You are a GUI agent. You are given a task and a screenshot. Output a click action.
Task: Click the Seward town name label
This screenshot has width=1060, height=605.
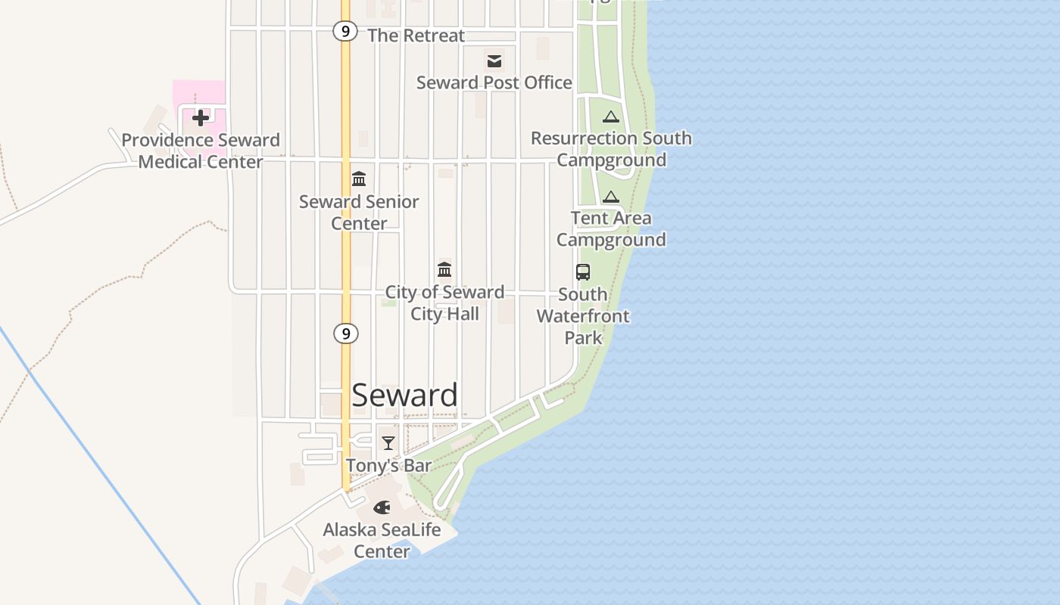tap(404, 396)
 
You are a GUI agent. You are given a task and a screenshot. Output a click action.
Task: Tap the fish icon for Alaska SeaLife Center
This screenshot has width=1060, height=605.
tap(382, 507)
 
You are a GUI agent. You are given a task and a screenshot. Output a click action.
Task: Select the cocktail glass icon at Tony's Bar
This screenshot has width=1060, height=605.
tap(388, 442)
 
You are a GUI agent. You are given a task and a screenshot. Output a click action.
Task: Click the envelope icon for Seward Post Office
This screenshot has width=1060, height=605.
tap(494, 61)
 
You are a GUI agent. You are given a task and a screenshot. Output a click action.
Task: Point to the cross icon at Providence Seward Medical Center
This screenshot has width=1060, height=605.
tap(201, 117)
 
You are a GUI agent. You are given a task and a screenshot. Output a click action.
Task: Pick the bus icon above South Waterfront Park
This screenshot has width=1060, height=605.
tap(583, 272)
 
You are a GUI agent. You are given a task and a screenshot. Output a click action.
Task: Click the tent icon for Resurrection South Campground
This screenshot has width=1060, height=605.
tap(611, 116)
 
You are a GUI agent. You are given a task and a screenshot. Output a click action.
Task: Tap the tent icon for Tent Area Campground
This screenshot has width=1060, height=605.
tap(611, 197)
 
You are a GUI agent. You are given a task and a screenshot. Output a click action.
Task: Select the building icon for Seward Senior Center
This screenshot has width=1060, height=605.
tap(359, 179)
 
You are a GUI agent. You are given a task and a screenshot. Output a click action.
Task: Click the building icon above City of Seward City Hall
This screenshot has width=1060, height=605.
tap(444, 269)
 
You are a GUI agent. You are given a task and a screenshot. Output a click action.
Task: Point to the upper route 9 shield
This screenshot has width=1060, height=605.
tap(345, 31)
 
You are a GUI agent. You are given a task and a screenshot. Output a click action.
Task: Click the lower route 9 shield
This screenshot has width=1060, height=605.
tap(345, 333)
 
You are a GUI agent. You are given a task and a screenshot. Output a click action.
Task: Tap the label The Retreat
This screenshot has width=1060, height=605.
tap(416, 36)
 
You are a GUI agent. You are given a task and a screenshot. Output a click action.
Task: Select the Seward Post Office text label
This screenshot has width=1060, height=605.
tap(494, 82)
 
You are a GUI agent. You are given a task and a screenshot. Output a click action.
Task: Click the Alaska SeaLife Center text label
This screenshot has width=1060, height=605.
tap(382, 540)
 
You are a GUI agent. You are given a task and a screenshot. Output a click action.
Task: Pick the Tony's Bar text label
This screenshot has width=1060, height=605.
tap(388, 465)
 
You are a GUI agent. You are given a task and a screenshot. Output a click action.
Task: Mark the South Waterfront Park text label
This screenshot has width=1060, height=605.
tap(583, 315)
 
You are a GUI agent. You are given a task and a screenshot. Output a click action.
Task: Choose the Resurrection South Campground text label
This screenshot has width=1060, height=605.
tap(611, 149)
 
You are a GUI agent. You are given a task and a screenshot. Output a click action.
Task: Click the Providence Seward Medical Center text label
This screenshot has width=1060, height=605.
tap(201, 150)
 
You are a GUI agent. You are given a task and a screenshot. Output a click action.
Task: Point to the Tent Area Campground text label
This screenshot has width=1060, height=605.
tap(611, 228)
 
